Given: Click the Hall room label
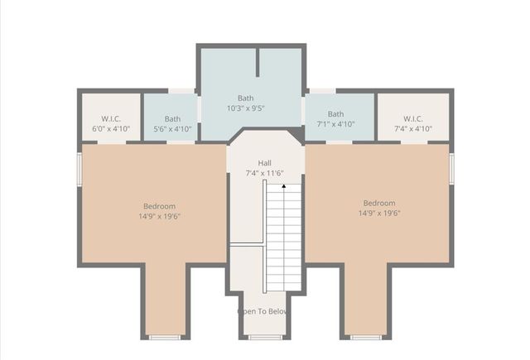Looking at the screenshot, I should [264, 163].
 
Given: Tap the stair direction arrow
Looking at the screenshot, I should [284, 186].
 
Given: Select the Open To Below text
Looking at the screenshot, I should [263, 312].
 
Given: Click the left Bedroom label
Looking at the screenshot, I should [159, 206].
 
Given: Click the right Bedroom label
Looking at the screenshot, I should [379, 203].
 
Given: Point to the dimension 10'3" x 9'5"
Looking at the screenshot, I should [246, 108].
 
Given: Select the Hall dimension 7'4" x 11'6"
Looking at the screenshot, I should [264, 174].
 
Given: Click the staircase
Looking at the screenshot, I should [283, 240].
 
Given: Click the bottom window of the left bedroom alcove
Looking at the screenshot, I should [165, 337].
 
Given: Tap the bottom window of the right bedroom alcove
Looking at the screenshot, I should [366, 337].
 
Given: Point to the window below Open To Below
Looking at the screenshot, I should [265, 337].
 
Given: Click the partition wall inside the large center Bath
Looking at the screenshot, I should [258, 63].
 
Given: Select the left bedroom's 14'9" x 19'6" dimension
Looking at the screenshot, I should [159, 216].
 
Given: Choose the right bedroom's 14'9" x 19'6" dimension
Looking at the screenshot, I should [379, 213].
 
